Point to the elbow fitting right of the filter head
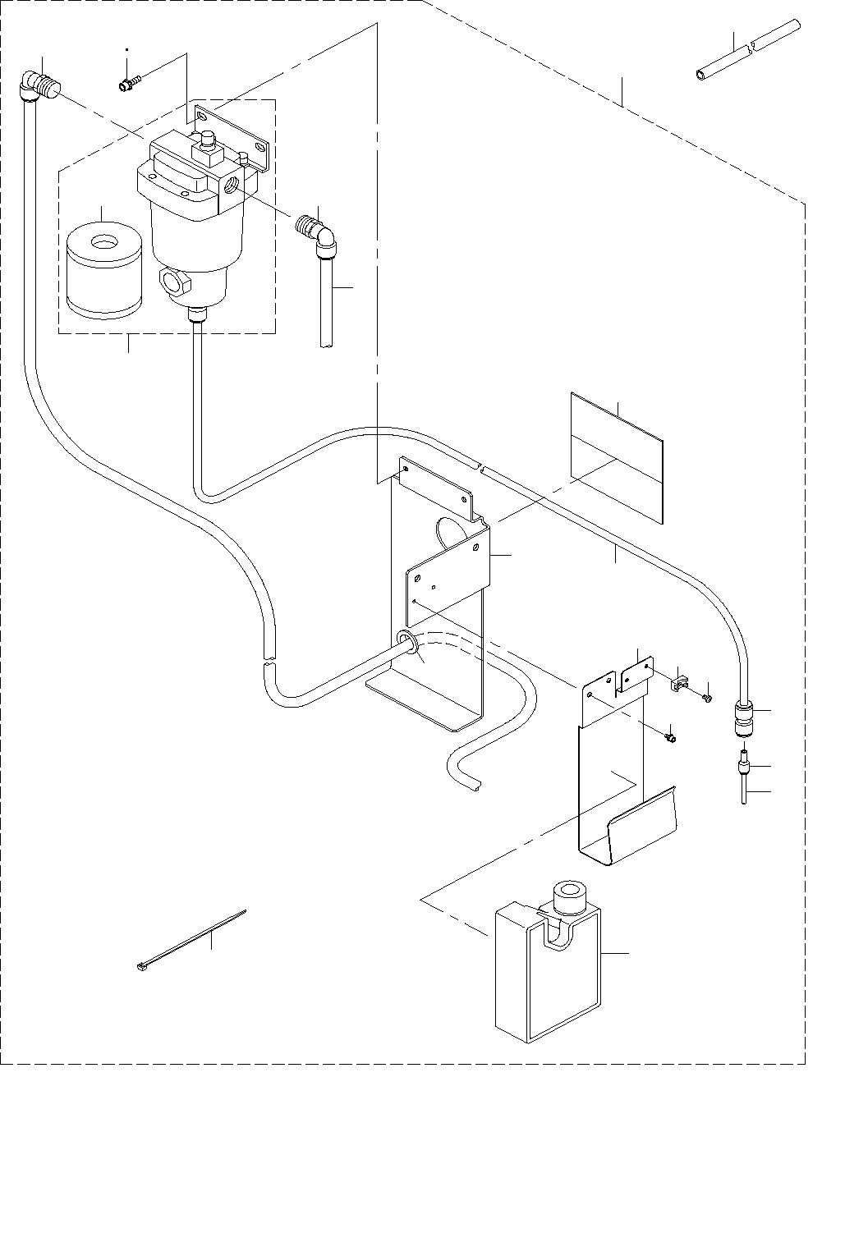[318, 231]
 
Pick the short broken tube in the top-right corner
[747, 52]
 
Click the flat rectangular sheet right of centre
[616, 456]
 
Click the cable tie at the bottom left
[191, 941]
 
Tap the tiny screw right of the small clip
[706, 698]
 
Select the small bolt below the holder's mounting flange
[670, 737]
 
